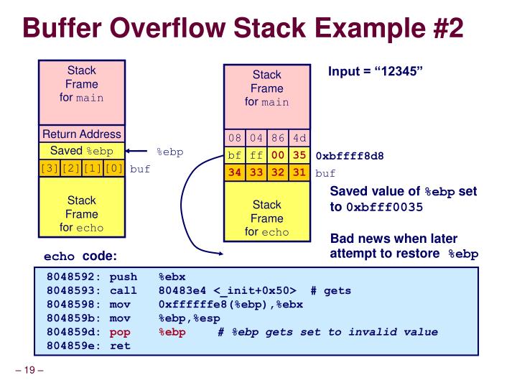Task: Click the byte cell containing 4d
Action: pos(299,137)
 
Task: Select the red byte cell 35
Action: pos(299,154)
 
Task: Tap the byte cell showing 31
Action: pos(299,172)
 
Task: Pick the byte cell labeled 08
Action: pos(235,137)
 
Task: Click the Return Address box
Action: pos(82,134)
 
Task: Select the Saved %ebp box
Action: pos(82,152)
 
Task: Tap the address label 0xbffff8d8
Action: pos(350,155)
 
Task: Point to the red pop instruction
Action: pos(119,332)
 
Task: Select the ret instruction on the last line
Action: pos(119,346)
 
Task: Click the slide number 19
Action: pos(29,371)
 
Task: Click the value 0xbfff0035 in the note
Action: pos(385,207)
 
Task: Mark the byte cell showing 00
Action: pos(278,154)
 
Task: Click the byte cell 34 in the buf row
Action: pos(235,172)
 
